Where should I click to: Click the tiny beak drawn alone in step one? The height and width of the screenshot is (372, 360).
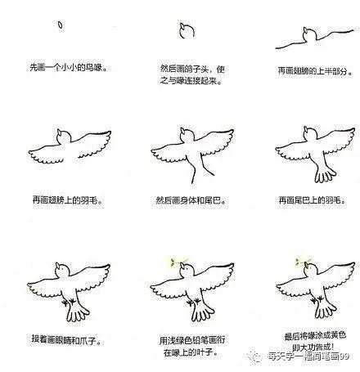(x=61, y=25)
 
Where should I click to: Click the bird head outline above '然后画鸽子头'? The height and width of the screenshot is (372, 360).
(x=187, y=31)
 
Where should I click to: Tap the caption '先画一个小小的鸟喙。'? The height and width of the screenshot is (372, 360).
(x=68, y=67)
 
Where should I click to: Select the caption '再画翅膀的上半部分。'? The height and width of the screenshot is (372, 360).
(x=315, y=71)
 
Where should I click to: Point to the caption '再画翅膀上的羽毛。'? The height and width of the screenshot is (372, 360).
(x=68, y=200)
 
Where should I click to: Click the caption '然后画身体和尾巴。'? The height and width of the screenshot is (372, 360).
(x=191, y=200)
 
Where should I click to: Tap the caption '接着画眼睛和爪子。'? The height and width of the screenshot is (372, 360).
(x=66, y=339)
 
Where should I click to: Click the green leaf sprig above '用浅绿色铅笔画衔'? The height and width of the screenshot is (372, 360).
(x=177, y=262)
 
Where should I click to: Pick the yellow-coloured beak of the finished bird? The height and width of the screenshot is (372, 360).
(x=307, y=265)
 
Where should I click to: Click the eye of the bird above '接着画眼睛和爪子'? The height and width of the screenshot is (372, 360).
(x=63, y=269)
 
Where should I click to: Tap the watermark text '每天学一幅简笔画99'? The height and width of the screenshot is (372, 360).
(x=308, y=356)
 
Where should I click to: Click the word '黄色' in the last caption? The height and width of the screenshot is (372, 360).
(x=338, y=335)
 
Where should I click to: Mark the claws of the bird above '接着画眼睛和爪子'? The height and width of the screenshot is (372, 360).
(x=69, y=302)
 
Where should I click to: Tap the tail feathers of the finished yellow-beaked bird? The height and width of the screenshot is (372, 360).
(x=326, y=310)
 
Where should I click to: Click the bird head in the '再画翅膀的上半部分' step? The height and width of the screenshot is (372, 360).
(x=309, y=34)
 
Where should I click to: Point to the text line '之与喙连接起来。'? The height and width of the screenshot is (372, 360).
(x=191, y=81)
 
